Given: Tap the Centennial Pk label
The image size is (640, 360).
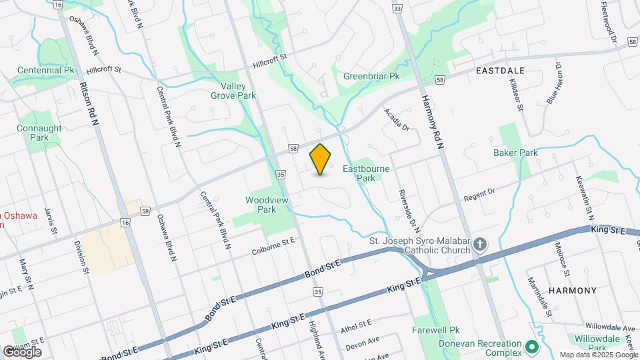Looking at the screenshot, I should click(x=45, y=70).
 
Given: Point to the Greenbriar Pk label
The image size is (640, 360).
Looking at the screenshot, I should click(x=371, y=76).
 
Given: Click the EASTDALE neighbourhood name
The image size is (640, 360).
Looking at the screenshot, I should click(x=500, y=70).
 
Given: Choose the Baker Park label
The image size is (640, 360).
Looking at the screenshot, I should click(x=515, y=153).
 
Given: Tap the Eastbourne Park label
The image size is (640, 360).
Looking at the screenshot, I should click(x=366, y=173).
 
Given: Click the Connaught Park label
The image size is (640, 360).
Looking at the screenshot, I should click(x=39, y=133).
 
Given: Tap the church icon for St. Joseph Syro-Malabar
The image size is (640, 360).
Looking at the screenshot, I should click(x=480, y=244).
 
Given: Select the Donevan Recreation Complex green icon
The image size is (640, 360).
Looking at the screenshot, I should click(x=531, y=347).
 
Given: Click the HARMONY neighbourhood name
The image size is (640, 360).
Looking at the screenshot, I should click(x=572, y=291).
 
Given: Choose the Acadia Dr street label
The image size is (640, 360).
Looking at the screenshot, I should click(x=395, y=121).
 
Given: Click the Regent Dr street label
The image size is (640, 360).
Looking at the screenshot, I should click(x=479, y=195).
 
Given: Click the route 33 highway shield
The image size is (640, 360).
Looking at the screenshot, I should click(x=397, y=9).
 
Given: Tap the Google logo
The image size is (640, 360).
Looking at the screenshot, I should click(x=22, y=351).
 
